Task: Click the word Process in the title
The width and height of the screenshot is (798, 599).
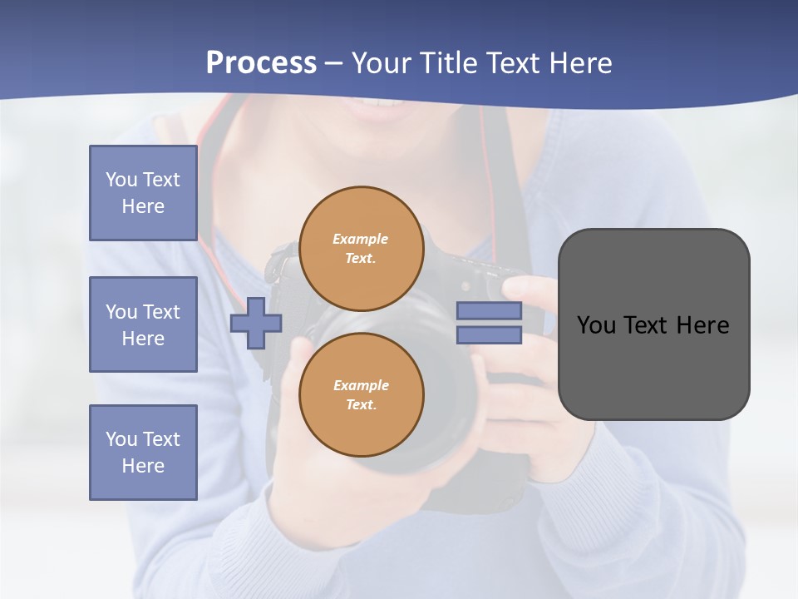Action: click(261, 63)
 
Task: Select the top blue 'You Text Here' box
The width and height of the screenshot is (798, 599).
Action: click(143, 193)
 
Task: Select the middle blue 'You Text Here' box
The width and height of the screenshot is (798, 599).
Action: click(143, 324)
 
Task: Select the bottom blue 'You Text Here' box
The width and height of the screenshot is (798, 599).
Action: click(143, 453)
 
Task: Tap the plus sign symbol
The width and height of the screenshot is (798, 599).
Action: click(256, 324)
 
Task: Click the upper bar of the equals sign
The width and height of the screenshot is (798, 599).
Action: click(489, 311)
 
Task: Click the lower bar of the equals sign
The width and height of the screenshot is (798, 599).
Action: click(489, 335)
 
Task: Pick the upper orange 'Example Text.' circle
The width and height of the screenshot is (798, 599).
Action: click(362, 248)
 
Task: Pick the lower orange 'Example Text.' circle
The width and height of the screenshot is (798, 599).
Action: click(362, 394)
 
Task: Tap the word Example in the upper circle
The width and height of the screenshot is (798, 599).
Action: click(360, 239)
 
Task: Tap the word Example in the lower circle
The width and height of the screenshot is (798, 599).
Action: click(361, 385)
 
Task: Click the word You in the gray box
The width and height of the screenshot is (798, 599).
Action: click(597, 325)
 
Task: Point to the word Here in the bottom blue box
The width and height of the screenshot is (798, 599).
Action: click(143, 466)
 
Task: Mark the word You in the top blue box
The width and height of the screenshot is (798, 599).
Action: click(121, 180)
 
